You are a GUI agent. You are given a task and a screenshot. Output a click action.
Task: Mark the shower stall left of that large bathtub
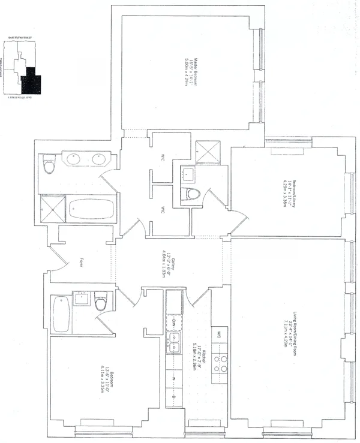(x=52, y=209)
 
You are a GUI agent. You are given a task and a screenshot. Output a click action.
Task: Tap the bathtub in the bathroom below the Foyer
(x=61, y=313)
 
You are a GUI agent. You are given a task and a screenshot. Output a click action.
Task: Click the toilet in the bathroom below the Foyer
(x=100, y=301)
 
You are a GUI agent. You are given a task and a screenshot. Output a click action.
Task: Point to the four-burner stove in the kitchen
(x=221, y=363)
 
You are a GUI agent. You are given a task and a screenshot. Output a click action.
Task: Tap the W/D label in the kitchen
(x=220, y=333)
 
